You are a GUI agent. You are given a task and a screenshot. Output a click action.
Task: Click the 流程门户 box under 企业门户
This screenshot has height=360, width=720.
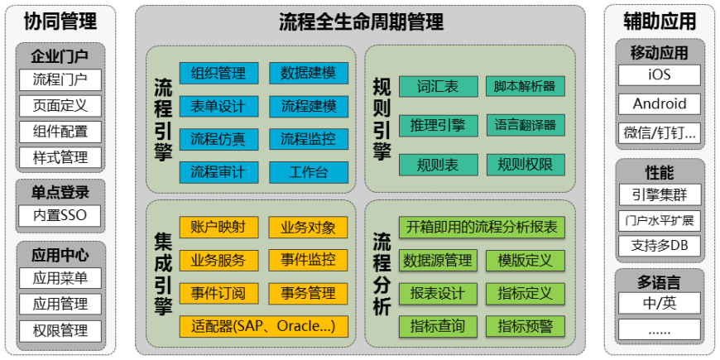tap(60, 80)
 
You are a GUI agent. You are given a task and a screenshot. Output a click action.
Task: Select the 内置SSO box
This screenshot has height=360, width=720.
tap(60, 217)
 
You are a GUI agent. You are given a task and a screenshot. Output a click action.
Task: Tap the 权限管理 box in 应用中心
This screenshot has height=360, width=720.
tap(60, 330)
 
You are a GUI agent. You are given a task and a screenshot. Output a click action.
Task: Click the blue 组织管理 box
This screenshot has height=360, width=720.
tap(218, 73)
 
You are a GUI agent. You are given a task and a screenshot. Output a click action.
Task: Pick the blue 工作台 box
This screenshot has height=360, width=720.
tap(309, 172)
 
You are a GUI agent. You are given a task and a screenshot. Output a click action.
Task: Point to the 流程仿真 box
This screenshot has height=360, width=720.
tap(218, 139)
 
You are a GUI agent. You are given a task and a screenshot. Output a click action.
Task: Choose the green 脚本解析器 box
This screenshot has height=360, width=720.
tap(526, 86)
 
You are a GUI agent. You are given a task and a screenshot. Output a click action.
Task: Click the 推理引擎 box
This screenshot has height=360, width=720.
tap(438, 125)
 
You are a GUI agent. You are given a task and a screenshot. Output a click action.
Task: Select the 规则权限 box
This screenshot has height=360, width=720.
tap(526, 165)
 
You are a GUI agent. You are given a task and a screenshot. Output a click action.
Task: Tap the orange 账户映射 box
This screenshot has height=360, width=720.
tap(218, 227)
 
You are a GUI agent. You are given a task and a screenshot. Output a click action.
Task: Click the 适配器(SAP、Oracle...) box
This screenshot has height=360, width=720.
tap(264, 325)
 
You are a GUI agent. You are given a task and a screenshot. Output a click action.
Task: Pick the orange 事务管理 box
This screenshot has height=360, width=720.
tap(309, 293)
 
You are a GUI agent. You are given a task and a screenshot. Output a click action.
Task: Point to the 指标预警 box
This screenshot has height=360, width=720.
tap(526, 326)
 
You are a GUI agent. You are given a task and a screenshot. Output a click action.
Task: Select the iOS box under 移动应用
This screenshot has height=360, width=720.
tap(660, 75)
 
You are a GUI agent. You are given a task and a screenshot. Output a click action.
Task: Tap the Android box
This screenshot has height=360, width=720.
tap(660, 103)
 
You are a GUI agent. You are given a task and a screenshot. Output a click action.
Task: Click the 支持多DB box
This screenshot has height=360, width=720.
tap(660, 246)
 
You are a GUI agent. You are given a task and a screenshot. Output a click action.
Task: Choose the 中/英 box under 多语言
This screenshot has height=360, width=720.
tap(660, 303)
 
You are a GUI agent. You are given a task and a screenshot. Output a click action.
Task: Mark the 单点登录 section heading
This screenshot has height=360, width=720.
tap(60, 192)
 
